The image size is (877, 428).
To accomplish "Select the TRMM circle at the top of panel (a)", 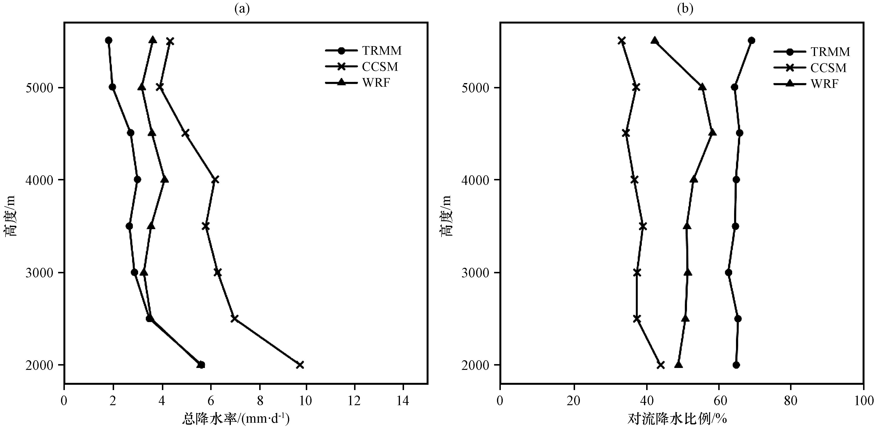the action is point(109,40).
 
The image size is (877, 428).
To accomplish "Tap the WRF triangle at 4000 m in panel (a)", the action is point(165,179).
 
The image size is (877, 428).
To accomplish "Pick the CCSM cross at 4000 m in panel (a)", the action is point(215,179).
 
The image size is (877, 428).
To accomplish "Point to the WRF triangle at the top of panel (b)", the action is point(654,40).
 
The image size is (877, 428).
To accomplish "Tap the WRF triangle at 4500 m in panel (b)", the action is point(712,132).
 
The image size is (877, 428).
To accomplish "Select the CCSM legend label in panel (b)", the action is point(828,68).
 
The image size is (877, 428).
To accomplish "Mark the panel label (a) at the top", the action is point(242,8).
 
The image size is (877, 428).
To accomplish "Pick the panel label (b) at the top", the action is point(685,8).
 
